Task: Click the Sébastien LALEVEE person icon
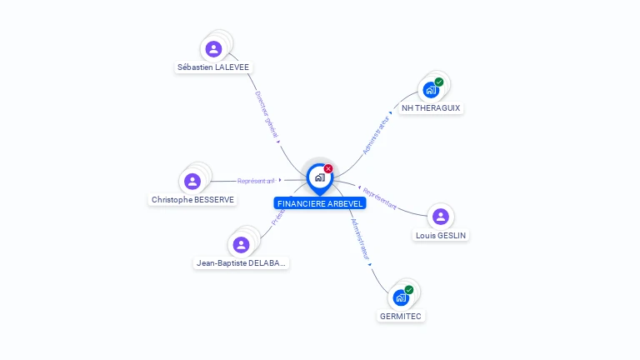click(213, 49)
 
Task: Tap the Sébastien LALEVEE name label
click(213, 67)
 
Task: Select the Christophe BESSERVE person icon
click(192, 182)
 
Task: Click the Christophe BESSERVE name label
click(192, 200)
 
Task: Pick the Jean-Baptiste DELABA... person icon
click(241, 245)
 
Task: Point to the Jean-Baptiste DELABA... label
click(241, 263)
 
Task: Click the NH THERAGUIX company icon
click(431, 90)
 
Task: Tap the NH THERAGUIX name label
click(431, 108)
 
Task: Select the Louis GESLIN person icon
click(441, 217)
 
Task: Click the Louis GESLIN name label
click(442, 235)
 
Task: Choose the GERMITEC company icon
click(401, 297)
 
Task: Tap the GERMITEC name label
click(401, 316)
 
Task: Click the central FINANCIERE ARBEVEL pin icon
click(319, 177)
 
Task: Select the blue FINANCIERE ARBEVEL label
click(320, 203)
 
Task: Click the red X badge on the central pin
click(328, 168)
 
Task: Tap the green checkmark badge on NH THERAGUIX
click(439, 82)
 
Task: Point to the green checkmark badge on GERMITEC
click(409, 290)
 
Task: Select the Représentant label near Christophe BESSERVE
click(256, 181)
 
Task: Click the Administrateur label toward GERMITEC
click(361, 241)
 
